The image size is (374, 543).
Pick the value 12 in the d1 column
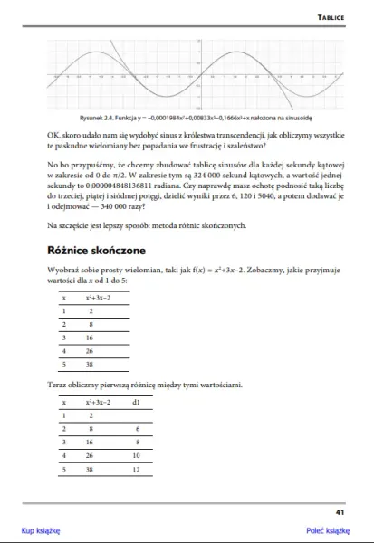point(136,470)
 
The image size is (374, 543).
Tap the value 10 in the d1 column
point(136,456)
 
